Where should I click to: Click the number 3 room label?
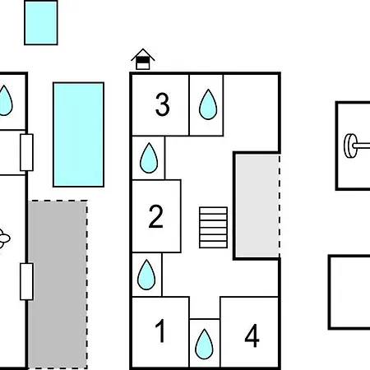click(x=163, y=104)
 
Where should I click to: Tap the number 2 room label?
click(x=156, y=216)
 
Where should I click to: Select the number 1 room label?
click(x=160, y=331)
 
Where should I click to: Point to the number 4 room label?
click(x=252, y=335)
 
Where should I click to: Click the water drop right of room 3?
click(x=208, y=104)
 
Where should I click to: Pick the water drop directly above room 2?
click(x=149, y=158)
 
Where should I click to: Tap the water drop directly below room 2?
click(x=146, y=275)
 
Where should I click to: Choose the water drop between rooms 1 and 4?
click(x=204, y=344)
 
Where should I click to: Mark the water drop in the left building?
click(x=5, y=100)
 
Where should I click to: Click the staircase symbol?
click(x=214, y=228)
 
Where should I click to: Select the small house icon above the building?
click(x=143, y=59)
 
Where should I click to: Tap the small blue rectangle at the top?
click(x=41, y=22)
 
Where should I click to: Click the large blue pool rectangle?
click(x=79, y=135)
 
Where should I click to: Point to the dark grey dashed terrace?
click(x=58, y=284)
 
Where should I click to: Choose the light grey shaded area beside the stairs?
click(x=257, y=206)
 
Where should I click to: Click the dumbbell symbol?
click(x=357, y=146)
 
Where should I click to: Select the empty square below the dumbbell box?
click(x=349, y=292)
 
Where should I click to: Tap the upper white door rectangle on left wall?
click(x=27, y=152)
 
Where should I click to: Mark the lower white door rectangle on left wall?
click(x=27, y=281)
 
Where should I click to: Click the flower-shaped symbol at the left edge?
click(x=4, y=238)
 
